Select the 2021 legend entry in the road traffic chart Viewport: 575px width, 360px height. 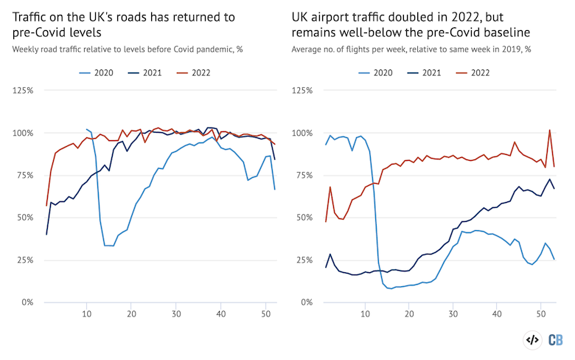click(144, 73)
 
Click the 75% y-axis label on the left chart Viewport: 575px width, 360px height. click(24, 175)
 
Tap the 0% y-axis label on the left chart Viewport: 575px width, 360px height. click(27, 302)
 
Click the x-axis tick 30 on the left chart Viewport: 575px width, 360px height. click(175, 315)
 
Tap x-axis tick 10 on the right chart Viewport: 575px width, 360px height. click(366, 315)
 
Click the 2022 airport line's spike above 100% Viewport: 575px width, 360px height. click(549, 131)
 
